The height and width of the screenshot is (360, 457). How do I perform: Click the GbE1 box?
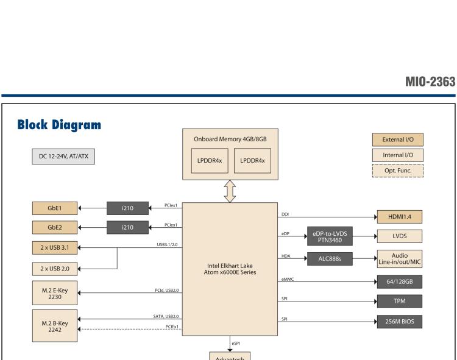tap(55, 208)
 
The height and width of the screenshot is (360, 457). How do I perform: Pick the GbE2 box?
tap(55, 228)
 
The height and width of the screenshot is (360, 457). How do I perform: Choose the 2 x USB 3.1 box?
tap(55, 248)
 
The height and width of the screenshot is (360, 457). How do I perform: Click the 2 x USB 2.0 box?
tap(55, 268)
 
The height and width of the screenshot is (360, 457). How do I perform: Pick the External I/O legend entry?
tap(398, 139)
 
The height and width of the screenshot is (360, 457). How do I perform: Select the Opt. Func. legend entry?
tap(398, 170)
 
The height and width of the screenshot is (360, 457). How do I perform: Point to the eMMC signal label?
tap(288, 279)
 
